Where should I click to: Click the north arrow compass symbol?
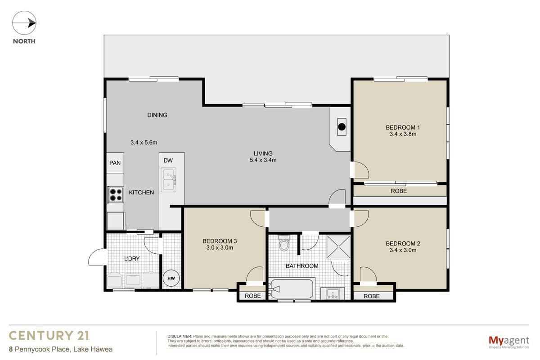coord(24,23)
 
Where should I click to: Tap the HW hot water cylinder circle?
coord(171,278)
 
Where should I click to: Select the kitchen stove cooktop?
coord(116,195)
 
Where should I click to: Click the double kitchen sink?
coord(168,180)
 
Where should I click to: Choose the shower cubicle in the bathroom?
coord(338,247)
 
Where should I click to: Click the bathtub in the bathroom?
coord(292,288)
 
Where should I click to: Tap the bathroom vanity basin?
coord(333,294)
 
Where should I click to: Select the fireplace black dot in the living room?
coord(342,127)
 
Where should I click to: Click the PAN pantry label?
coord(115,163)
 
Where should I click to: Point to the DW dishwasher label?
coord(168,160)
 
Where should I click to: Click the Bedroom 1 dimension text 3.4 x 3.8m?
coord(403,134)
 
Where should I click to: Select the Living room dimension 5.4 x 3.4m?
coord(263,160)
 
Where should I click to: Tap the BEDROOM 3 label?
coord(220,241)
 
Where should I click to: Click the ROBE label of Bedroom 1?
coord(399,191)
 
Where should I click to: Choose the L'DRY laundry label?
coord(132,259)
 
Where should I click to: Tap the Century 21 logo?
coord(49,336)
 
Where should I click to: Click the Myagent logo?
coord(509,342)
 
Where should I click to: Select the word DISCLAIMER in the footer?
coord(180,336)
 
